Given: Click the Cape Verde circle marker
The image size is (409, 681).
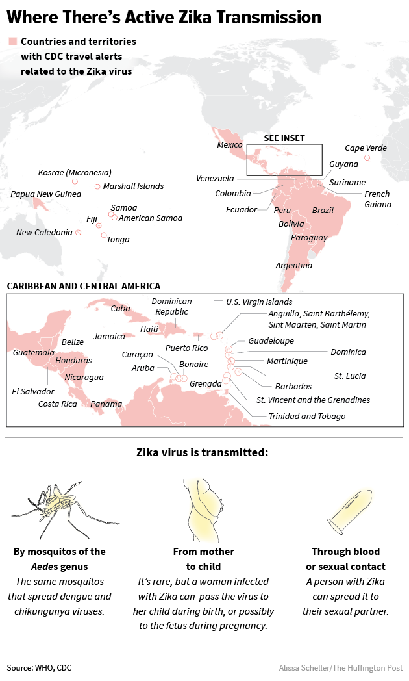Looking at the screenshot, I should pos(367,157).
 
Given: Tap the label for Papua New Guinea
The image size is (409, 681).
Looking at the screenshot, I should pos(45,194).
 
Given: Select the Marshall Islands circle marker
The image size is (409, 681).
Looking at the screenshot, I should pos(97,186).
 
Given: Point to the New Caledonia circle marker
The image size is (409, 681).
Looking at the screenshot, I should pos(79,232).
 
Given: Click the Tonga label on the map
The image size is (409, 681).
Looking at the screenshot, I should pos(118,239).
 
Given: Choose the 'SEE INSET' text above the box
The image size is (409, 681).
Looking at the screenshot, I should pos(284,138).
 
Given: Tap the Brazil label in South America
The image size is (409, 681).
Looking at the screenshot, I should pos(323,210).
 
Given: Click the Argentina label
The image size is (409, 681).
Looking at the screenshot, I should pos(293,265).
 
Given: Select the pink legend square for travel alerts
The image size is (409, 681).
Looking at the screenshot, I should pos(12,42).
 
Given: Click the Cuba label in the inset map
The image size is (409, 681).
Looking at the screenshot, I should pos(120,309).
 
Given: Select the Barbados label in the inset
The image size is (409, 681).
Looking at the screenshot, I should pos(275,386).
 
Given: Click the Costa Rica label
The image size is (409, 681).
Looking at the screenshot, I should pos(57,404).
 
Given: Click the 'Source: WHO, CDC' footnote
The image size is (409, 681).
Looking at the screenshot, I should pos(39,667).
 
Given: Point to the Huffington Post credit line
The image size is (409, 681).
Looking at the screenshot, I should pos(340,667).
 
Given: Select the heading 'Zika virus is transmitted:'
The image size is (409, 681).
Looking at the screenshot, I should pos(202,452).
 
